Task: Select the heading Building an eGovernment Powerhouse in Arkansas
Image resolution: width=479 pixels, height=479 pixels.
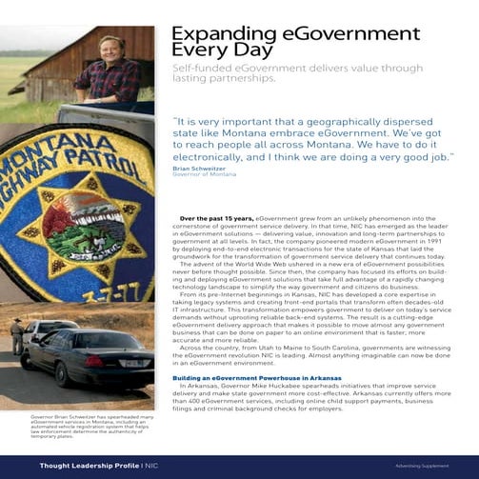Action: point(256,378)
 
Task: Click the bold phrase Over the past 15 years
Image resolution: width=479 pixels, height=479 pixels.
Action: point(203,218)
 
